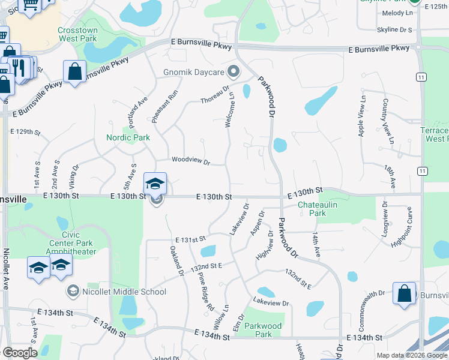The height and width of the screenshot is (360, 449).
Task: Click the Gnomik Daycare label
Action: click(x=194, y=73)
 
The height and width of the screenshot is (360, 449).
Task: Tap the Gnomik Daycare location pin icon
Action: click(x=234, y=73)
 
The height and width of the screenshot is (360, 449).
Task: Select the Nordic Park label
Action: click(x=128, y=137)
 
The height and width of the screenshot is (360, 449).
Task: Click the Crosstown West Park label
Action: click(x=77, y=34)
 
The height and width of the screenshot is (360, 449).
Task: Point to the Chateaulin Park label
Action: click(x=312, y=209)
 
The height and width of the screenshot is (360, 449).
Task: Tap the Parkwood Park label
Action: click(x=264, y=331)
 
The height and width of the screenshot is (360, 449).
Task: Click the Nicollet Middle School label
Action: click(x=124, y=292)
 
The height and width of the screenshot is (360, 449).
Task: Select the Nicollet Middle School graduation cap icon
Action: click(x=73, y=291)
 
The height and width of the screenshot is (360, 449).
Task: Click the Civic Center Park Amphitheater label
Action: click(x=71, y=247)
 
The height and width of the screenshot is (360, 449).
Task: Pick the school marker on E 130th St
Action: click(x=155, y=183)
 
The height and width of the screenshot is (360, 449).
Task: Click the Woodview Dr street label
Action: click(x=190, y=161)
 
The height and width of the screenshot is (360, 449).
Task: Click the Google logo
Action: click(x=19, y=353)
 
